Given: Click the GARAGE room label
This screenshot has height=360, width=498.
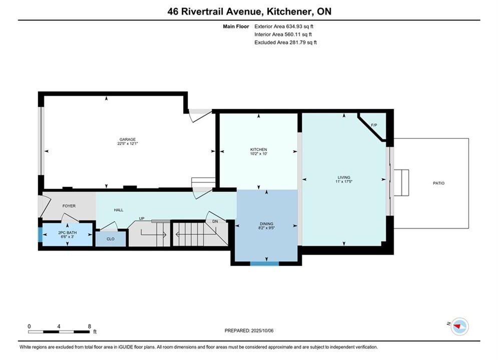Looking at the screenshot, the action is click(x=127, y=139).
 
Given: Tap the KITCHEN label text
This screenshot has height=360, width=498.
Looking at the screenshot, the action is click(x=259, y=149).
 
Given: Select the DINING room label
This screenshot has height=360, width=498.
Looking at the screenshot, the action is click(x=266, y=223).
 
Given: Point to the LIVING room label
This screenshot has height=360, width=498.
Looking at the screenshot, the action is click(x=344, y=177).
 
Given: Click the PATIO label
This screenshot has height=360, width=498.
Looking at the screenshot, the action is click(x=438, y=183).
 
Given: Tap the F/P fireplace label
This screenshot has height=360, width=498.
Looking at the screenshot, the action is click(x=374, y=125).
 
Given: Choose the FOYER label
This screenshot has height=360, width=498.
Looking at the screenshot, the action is click(x=69, y=206).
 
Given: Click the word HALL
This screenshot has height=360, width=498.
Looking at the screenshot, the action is click(x=119, y=210).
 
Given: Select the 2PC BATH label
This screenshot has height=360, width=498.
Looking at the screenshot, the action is click(x=68, y=232).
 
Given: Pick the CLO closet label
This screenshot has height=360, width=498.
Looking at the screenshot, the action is click(x=111, y=239).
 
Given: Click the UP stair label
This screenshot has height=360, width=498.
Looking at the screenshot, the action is click(x=142, y=218).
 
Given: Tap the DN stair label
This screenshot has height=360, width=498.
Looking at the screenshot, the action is click(x=215, y=221).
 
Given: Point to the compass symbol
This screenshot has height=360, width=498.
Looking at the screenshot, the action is click(x=459, y=326).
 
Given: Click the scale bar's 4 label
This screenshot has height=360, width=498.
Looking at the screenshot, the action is click(x=59, y=326).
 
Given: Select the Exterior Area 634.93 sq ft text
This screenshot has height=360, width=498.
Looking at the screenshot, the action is click(x=284, y=26).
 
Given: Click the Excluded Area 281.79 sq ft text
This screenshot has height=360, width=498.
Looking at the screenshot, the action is click(x=285, y=42).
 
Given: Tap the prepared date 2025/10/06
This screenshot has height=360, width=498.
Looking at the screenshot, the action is click(x=262, y=330).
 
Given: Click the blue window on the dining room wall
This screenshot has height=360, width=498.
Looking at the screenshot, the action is click(x=265, y=263).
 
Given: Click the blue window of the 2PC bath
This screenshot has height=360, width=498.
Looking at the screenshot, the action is click(x=40, y=234).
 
